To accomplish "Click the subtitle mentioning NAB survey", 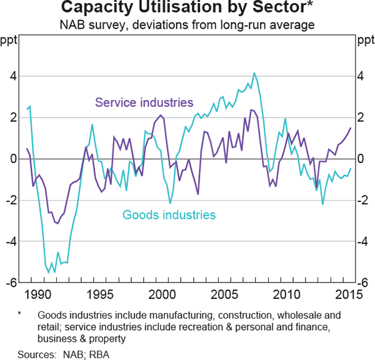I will coord(187,25).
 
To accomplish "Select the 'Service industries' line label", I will coord(144,102).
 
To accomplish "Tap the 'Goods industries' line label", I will coord(169,215).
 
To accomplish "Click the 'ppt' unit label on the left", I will coord(11,41).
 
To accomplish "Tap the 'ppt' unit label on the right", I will coord(364,41).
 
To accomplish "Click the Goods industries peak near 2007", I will coord(254,73).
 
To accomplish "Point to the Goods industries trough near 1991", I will coord(54,272).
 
